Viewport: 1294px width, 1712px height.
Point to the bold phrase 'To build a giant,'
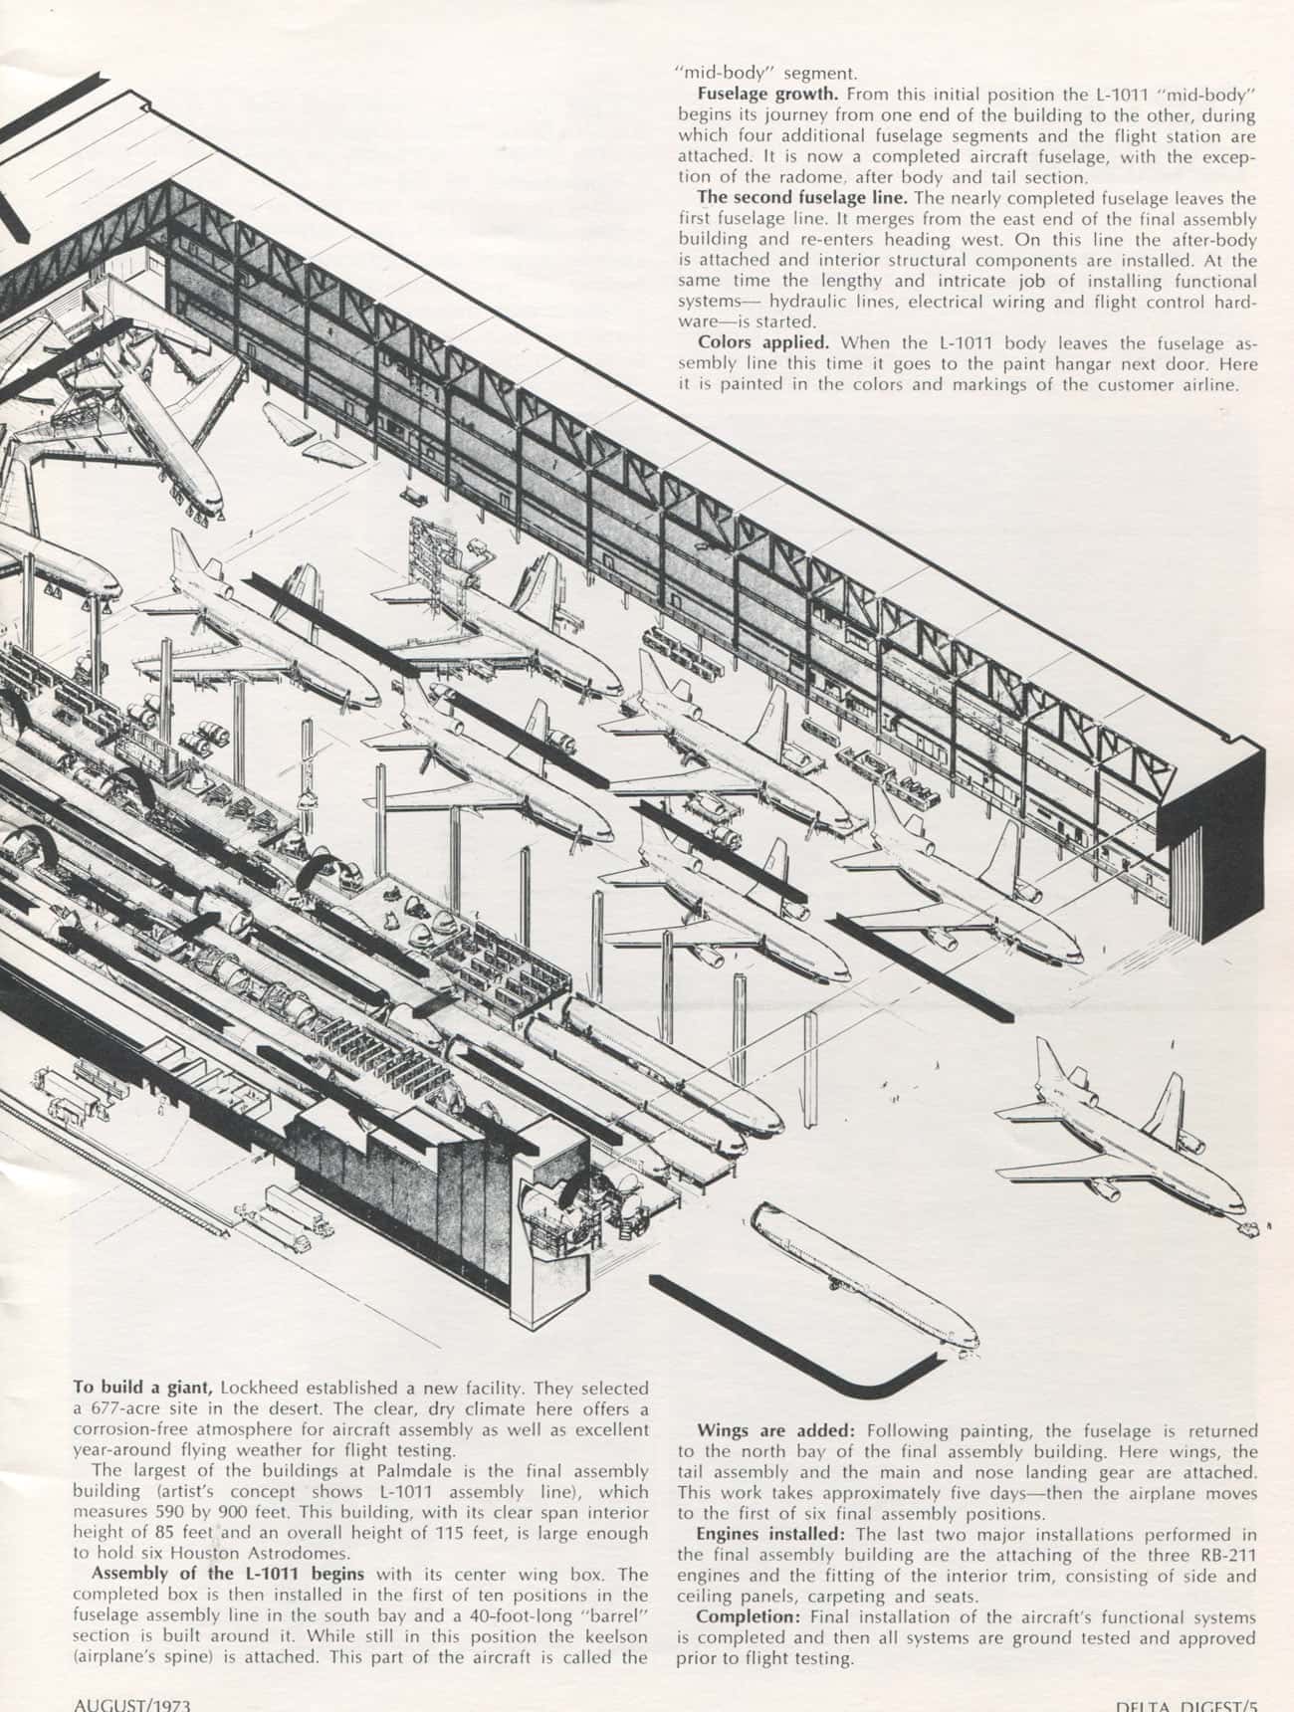143,1388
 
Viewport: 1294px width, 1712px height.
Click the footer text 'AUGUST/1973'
131,1703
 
